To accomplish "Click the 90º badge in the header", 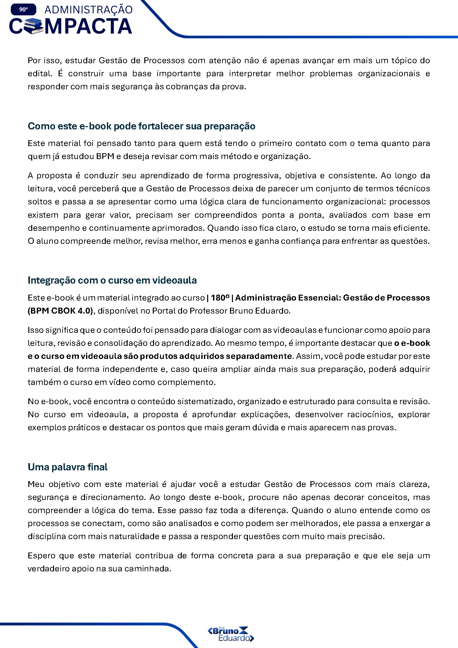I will click(x=23, y=9).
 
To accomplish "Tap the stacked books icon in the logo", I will click(x=34, y=26).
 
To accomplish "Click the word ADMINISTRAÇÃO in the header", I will click(x=88, y=10).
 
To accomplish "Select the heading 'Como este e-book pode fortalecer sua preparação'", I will click(x=141, y=126).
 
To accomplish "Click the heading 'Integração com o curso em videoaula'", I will click(x=112, y=280).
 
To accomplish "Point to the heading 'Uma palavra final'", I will click(x=67, y=467).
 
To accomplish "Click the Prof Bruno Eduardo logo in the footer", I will click(x=231, y=634).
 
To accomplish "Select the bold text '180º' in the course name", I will click(x=220, y=298).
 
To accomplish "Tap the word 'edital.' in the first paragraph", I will click(x=40, y=74).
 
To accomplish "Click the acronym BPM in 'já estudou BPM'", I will click(x=105, y=156).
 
